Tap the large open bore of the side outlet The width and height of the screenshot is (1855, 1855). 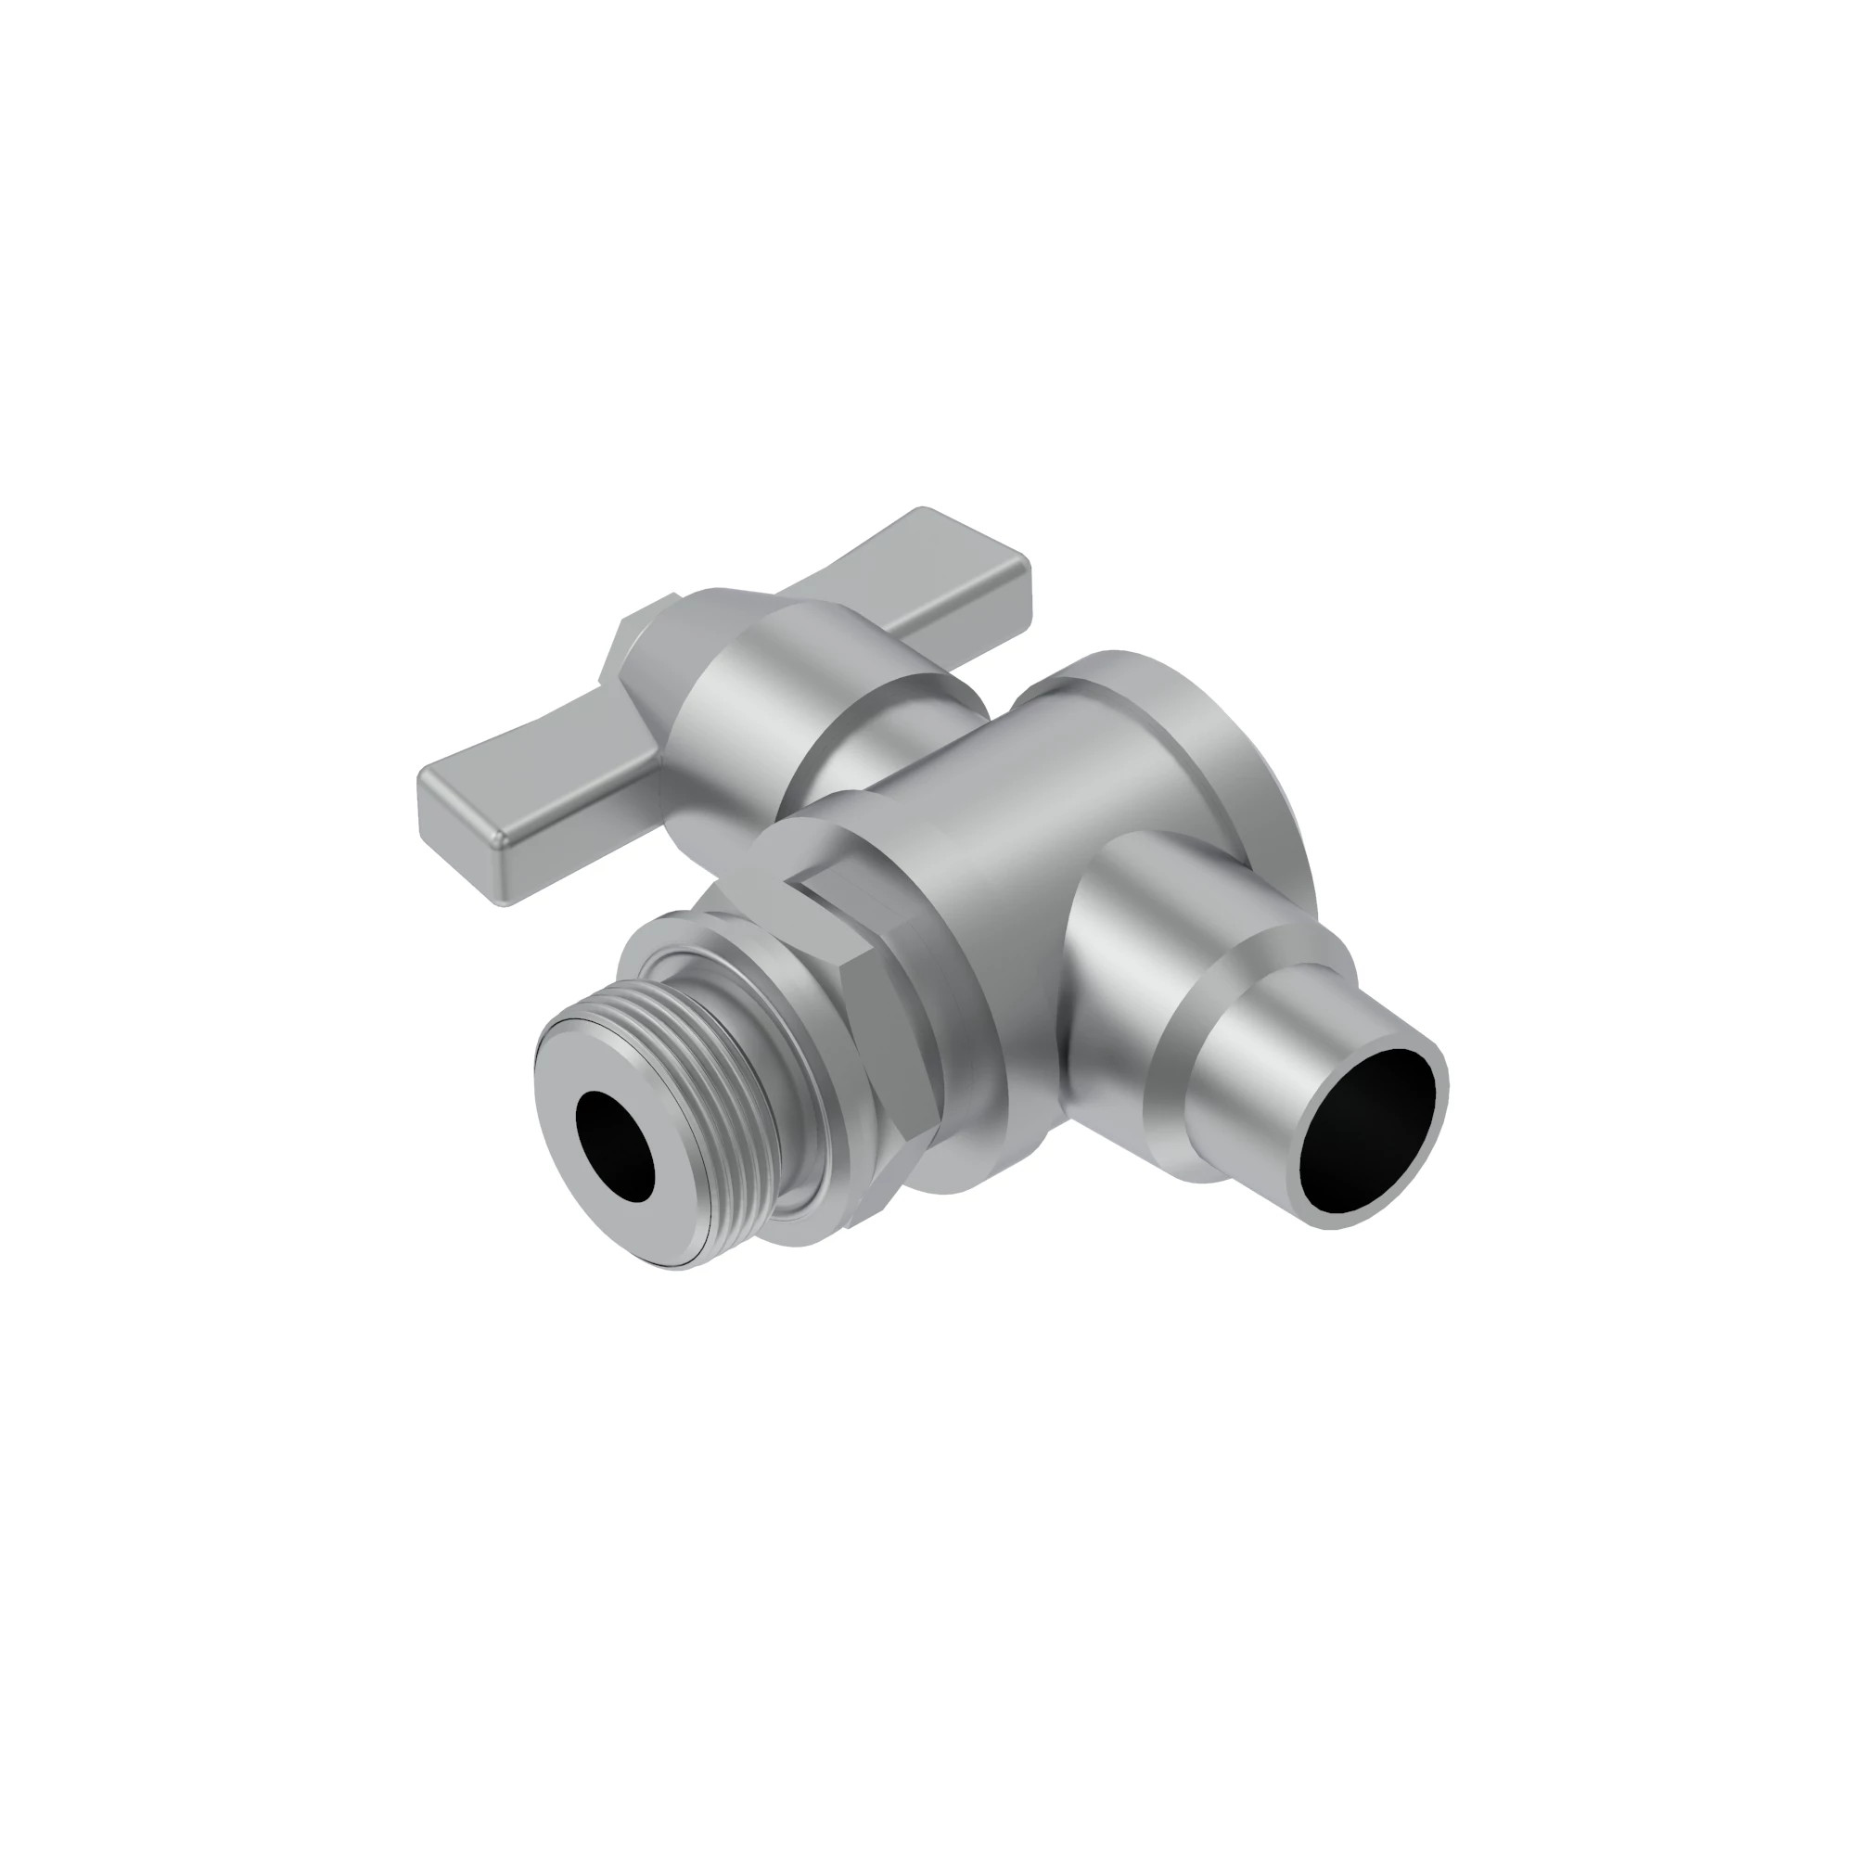point(1373,1133)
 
